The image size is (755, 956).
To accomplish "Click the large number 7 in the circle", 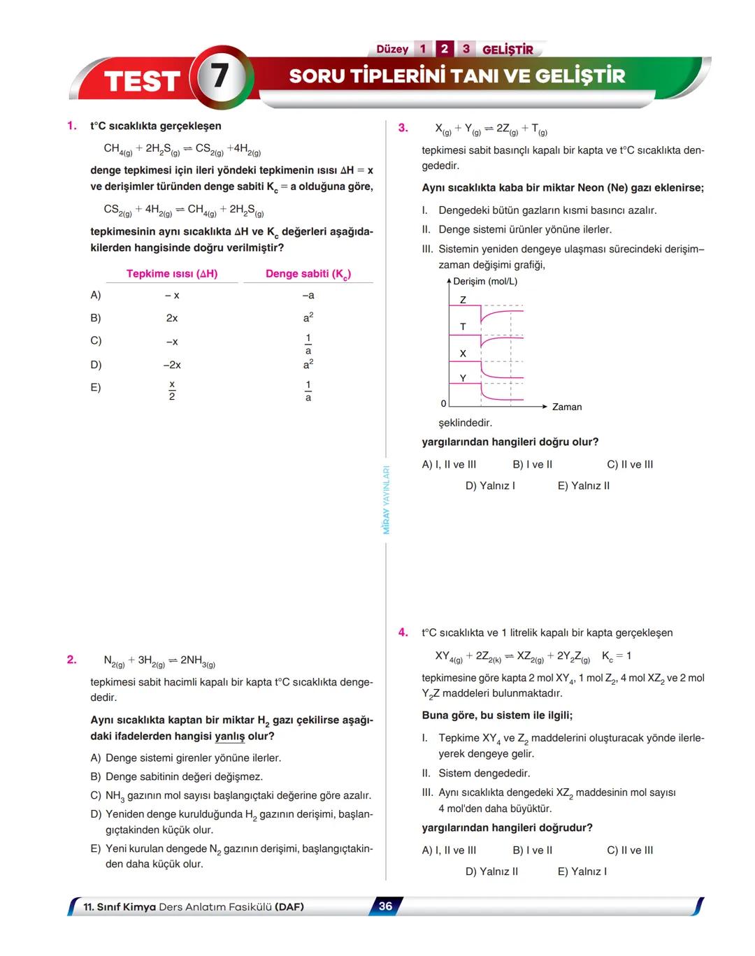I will tap(220, 75).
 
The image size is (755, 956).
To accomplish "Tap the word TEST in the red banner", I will tap(143, 81).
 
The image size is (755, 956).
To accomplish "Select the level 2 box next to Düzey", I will tap(444, 49).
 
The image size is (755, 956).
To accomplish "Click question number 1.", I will tap(71, 126).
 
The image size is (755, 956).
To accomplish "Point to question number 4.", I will tap(403, 632).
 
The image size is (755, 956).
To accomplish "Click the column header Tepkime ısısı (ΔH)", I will tap(172, 274).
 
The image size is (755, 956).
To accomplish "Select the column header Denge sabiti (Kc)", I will tap(308, 274).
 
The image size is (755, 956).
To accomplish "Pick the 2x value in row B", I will tap(172, 318).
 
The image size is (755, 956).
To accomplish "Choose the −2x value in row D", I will tap(172, 365).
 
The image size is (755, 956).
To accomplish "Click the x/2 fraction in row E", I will tap(172, 390).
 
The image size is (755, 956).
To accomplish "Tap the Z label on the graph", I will tap(463, 300).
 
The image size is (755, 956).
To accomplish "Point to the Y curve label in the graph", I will tap(463, 378).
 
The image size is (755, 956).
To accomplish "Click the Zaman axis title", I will tap(567, 407).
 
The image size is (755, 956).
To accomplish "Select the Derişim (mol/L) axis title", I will tap(485, 282).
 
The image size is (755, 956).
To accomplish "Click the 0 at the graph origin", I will tap(443, 404).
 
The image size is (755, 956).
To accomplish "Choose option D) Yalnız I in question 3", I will tap(490, 486).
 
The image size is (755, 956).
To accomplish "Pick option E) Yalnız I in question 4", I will tap(582, 871).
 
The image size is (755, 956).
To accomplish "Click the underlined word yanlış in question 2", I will tap(229, 737).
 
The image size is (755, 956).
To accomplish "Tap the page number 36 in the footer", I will tap(385, 906).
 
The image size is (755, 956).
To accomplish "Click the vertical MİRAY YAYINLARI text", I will tap(386, 500).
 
